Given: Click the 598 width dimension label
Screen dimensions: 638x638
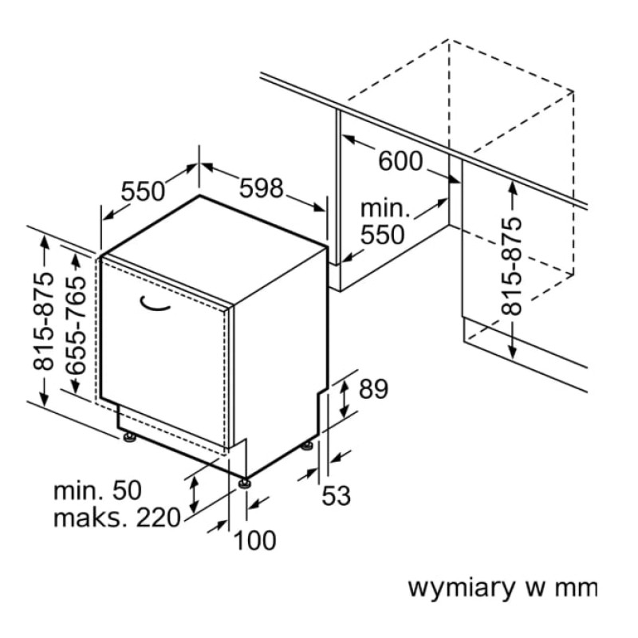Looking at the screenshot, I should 262,188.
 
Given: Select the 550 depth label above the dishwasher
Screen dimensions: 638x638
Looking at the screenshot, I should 143,191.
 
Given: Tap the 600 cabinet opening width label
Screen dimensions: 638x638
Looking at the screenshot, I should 400,161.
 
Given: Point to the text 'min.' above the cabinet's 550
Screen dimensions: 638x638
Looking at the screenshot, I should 384,210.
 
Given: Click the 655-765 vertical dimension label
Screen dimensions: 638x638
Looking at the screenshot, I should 77,323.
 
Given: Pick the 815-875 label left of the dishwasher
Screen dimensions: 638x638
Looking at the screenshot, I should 45,322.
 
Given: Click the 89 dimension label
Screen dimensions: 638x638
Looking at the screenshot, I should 372,389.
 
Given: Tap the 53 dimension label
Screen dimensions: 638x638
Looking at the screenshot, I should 336,496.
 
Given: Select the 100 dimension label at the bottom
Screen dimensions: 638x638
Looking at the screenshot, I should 255,541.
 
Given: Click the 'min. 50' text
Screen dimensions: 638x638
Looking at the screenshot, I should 96,490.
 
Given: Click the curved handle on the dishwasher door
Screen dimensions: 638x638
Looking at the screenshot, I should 156,303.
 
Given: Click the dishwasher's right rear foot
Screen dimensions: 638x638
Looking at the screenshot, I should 307,444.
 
